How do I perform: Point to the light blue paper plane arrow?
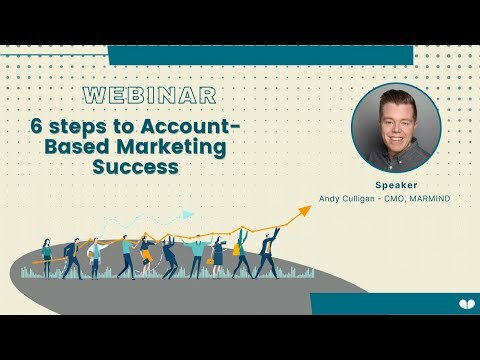click(x=187, y=213)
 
